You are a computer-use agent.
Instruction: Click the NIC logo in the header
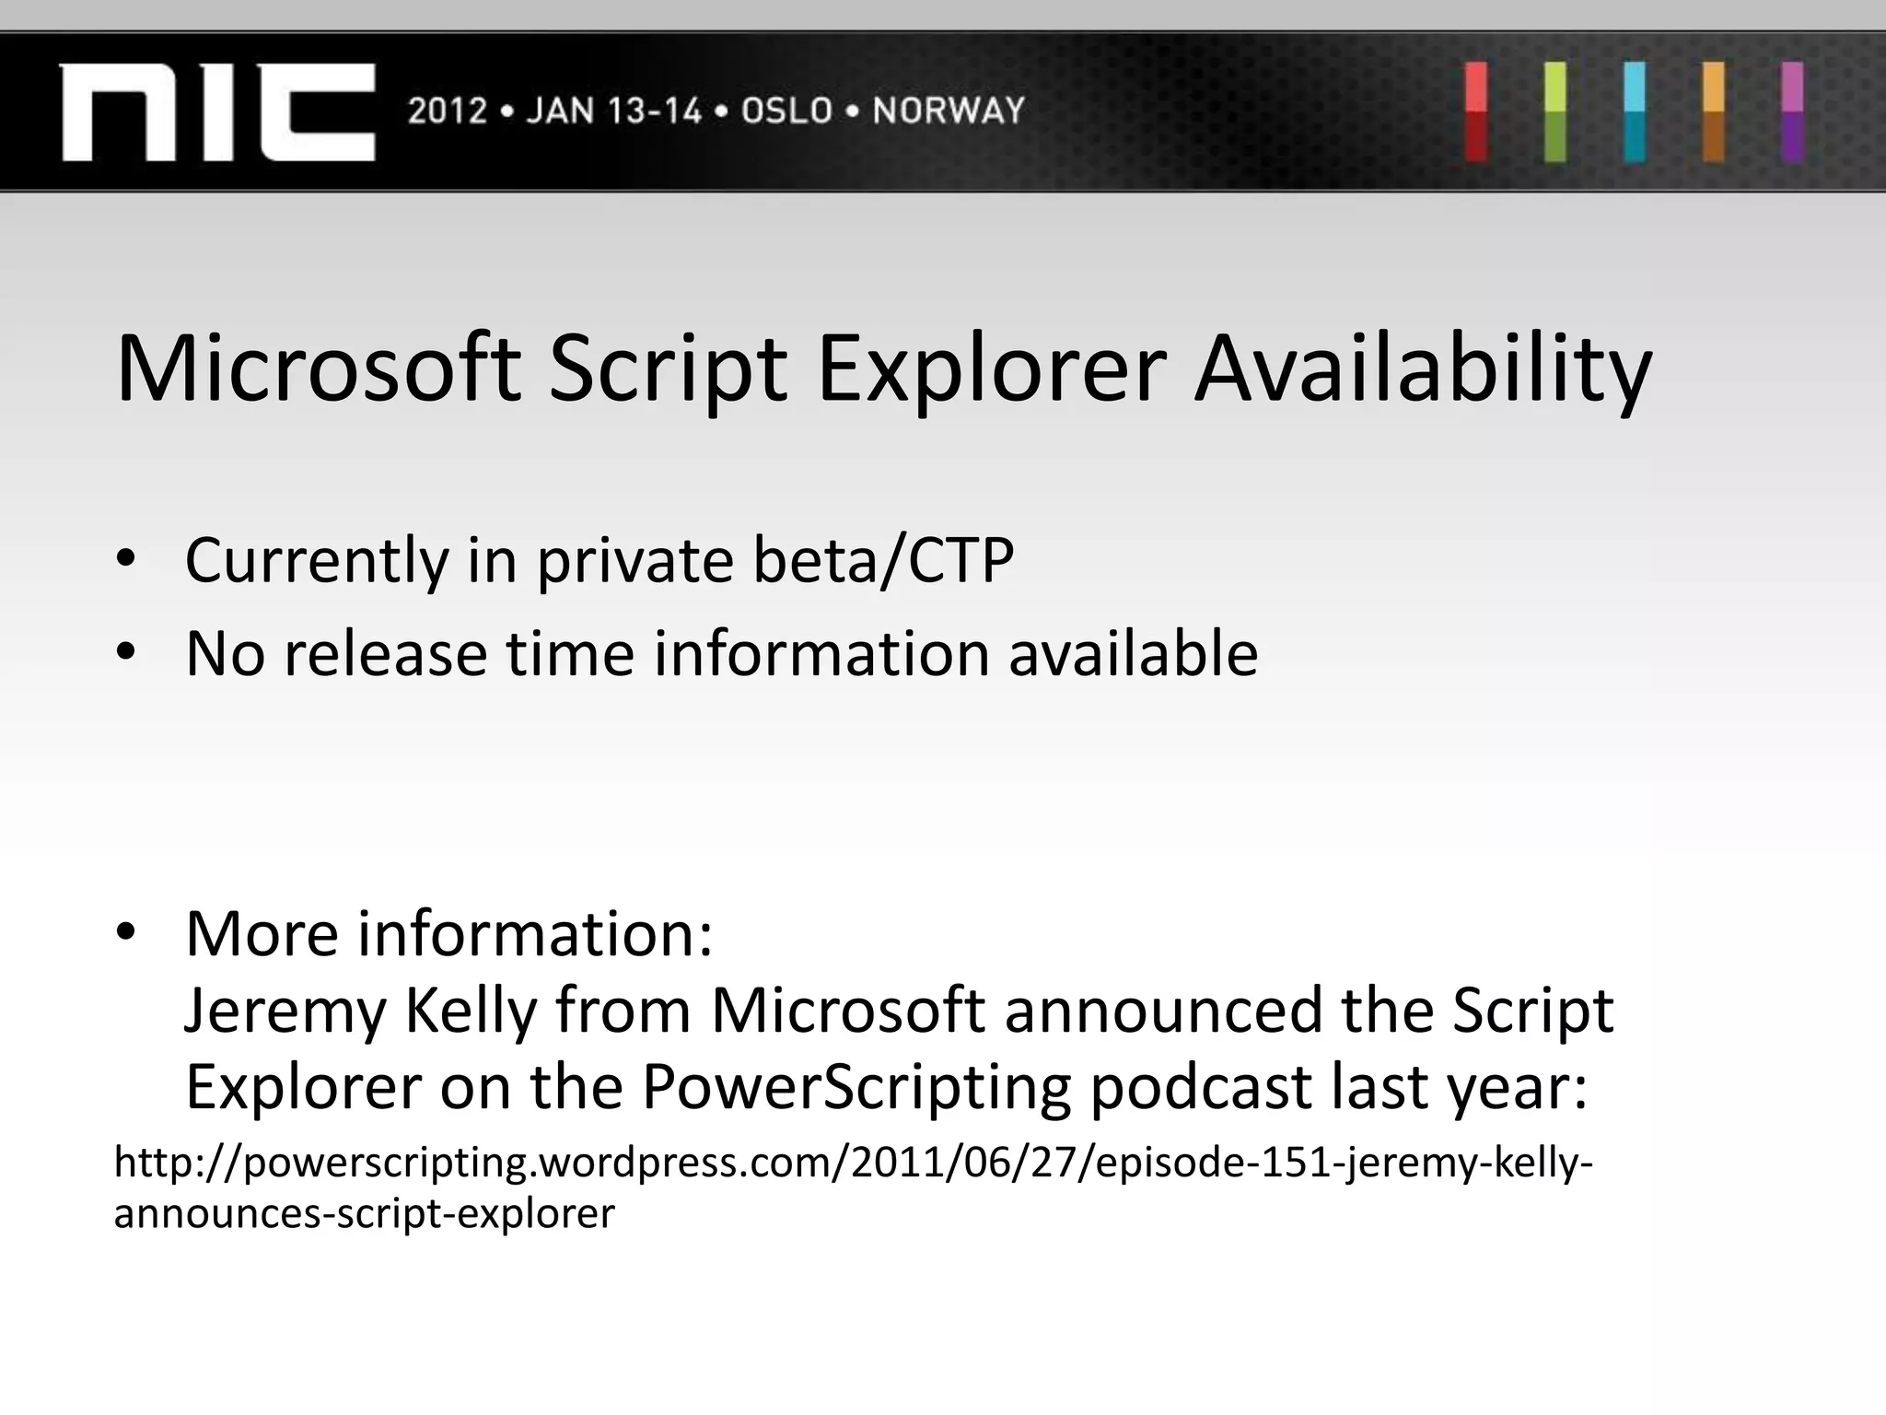pyautogui.click(x=217, y=112)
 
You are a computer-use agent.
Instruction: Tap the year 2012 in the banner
pyautogui.click(x=447, y=111)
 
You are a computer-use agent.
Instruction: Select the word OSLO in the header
pyautogui.click(x=786, y=111)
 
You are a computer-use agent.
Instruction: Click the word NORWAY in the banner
pyautogui.click(x=949, y=111)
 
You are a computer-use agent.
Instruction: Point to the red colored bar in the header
pyautogui.click(x=1476, y=112)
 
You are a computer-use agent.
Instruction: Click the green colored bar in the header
pyautogui.click(x=1555, y=112)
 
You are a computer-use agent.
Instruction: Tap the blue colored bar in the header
pyautogui.click(x=1635, y=112)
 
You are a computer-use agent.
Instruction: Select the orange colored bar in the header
pyautogui.click(x=1714, y=112)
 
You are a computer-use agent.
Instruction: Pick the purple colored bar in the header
pyautogui.click(x=1792, y=112)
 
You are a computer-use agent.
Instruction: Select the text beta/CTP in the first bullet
pyautogui.click(x=883, y=560)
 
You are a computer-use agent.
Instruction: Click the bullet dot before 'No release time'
pyautogui.click(x=126, y=652)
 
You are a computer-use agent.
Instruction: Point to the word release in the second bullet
pyautogui.click(x=385, y=654)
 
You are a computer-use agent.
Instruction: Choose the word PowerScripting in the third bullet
pyautogui.click(x=856, y=1088)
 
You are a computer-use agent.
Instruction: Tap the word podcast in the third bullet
pyautogui.click(x=1202, y=1088)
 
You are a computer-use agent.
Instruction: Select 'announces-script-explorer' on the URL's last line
pyautogui.click(x=364, y=1213)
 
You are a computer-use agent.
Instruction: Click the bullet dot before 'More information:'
pyautogui.click(x=126, y=932)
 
